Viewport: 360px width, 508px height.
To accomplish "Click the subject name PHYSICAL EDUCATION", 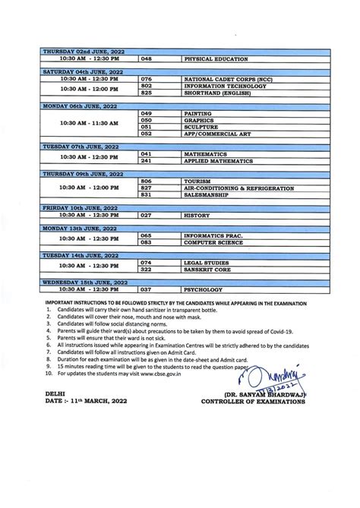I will (211, 58).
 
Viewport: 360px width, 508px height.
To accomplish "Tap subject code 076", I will (147, 79).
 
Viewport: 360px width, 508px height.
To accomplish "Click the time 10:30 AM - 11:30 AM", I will (89, 123).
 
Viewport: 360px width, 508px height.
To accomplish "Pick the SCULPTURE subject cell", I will (201, 127).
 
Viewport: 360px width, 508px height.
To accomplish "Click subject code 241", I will (147, 161).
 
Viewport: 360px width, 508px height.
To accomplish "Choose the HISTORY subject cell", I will (197, 216).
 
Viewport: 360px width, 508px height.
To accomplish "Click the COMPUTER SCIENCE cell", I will (214, 243).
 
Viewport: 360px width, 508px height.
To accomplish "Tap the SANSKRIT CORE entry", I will (209, 270).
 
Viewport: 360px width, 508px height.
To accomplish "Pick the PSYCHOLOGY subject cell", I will (204, 291).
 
